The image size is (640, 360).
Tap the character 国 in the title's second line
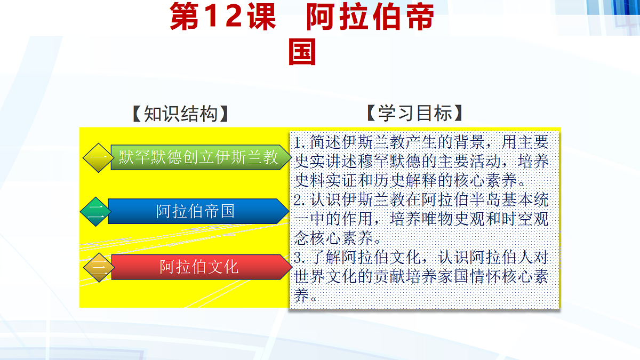pyautogui.click(x=302, y=52)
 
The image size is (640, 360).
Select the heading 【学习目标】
pyautogui.click(x=415, y=113)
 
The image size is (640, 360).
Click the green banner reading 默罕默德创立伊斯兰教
pyautogui.click(x=198, y=157)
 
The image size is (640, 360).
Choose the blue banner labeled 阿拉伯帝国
pyautogui.click(x=196, y=211)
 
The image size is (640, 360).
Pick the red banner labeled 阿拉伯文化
pyautogui.click(x=199, y=267)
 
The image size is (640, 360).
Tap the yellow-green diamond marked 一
pyautogui.click(x=98, y=158)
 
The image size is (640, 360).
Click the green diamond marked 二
pyautogui.click(x=94, y=212)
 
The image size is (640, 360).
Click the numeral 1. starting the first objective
pyautogui.click(x=301, y=142)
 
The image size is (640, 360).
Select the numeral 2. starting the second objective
pyautogui.click(x=301, y=200)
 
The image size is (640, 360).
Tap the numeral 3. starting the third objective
pyautogui.click(x=301, y=258)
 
